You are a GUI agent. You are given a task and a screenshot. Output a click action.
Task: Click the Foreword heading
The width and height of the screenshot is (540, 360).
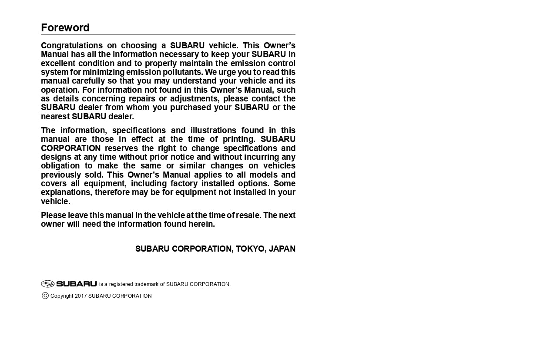coord(65,28)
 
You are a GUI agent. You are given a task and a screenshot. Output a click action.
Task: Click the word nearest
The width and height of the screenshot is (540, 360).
coord(55,117)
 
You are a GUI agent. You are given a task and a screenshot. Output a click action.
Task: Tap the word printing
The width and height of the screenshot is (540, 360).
coord(239,139)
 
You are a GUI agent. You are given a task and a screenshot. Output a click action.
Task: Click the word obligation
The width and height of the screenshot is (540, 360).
coord(60,166)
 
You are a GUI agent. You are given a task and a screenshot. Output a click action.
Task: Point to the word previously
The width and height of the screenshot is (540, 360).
coord(60,175)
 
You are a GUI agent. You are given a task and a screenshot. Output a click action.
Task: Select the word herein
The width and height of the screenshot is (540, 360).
coord(202,224)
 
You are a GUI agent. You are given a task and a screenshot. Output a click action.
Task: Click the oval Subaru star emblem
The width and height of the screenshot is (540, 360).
coord(47,284)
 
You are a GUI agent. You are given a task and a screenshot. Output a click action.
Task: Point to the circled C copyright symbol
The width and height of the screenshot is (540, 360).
coord(45,296)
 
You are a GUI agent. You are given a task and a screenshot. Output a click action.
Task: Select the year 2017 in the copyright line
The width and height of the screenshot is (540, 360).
coord(80,296)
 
